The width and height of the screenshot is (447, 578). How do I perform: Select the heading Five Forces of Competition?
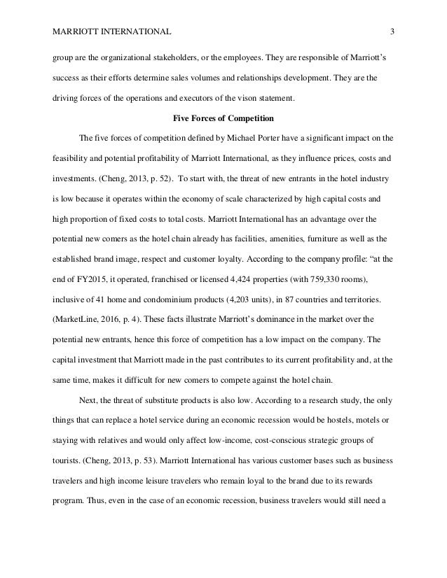[x=223, y=118]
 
